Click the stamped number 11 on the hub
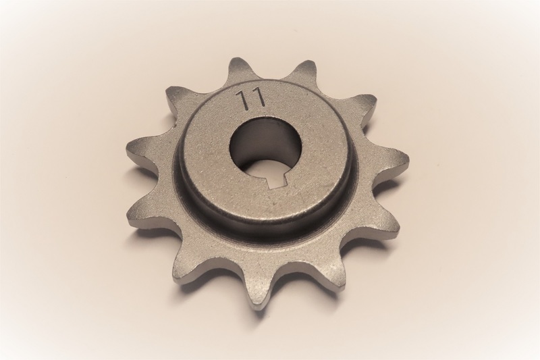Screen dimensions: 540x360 coord(250,99)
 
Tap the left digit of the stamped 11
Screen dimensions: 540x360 coord(242,98)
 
